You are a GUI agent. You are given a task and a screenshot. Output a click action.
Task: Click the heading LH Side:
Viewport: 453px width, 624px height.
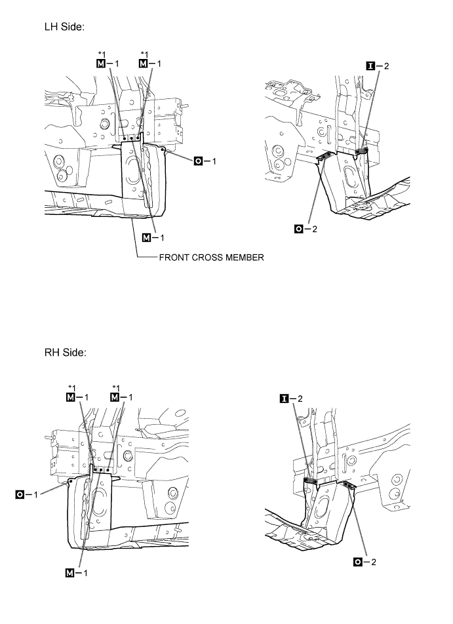point(64,27)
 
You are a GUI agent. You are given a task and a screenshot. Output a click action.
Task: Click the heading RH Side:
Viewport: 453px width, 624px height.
point(66,353)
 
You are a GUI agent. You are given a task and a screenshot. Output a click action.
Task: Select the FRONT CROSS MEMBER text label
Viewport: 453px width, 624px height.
point(211,258)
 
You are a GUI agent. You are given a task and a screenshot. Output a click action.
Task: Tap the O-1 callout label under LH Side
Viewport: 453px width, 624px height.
point(205,161)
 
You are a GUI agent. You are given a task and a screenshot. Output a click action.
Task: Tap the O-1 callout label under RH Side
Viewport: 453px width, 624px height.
point(27,495)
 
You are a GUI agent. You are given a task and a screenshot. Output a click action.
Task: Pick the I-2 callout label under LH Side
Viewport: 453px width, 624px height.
point(378,66)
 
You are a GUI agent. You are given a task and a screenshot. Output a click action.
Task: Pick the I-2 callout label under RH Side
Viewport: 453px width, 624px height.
point(291,399)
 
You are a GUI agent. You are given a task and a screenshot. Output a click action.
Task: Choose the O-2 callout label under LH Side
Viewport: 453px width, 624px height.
point(305,229)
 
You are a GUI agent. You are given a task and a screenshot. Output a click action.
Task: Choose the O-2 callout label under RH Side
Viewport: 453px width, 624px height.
point(364,562)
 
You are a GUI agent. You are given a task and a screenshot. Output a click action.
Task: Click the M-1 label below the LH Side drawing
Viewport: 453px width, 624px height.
point(153,237)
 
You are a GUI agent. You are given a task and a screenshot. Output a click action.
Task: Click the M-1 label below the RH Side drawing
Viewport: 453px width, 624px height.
point(77,573)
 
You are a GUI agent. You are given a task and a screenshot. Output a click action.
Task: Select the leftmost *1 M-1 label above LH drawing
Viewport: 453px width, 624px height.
point(108,60)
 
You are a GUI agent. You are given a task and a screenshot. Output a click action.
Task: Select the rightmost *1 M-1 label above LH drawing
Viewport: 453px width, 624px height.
point(150,60)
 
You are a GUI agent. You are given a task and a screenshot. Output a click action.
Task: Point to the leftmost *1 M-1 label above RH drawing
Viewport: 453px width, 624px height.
point(77,393)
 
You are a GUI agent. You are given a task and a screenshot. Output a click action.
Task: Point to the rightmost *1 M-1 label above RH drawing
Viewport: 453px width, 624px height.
point(121,393)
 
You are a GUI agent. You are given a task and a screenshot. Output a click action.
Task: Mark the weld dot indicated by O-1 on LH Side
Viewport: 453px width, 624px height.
point(163,149)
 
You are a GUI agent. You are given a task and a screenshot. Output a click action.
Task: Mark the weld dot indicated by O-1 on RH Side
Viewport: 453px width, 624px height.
point(70,481)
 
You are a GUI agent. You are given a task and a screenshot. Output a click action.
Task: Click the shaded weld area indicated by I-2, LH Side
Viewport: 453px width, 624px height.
point(361,151)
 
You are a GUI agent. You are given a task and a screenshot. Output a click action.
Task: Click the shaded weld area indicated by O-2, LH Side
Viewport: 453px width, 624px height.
point(326,155)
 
